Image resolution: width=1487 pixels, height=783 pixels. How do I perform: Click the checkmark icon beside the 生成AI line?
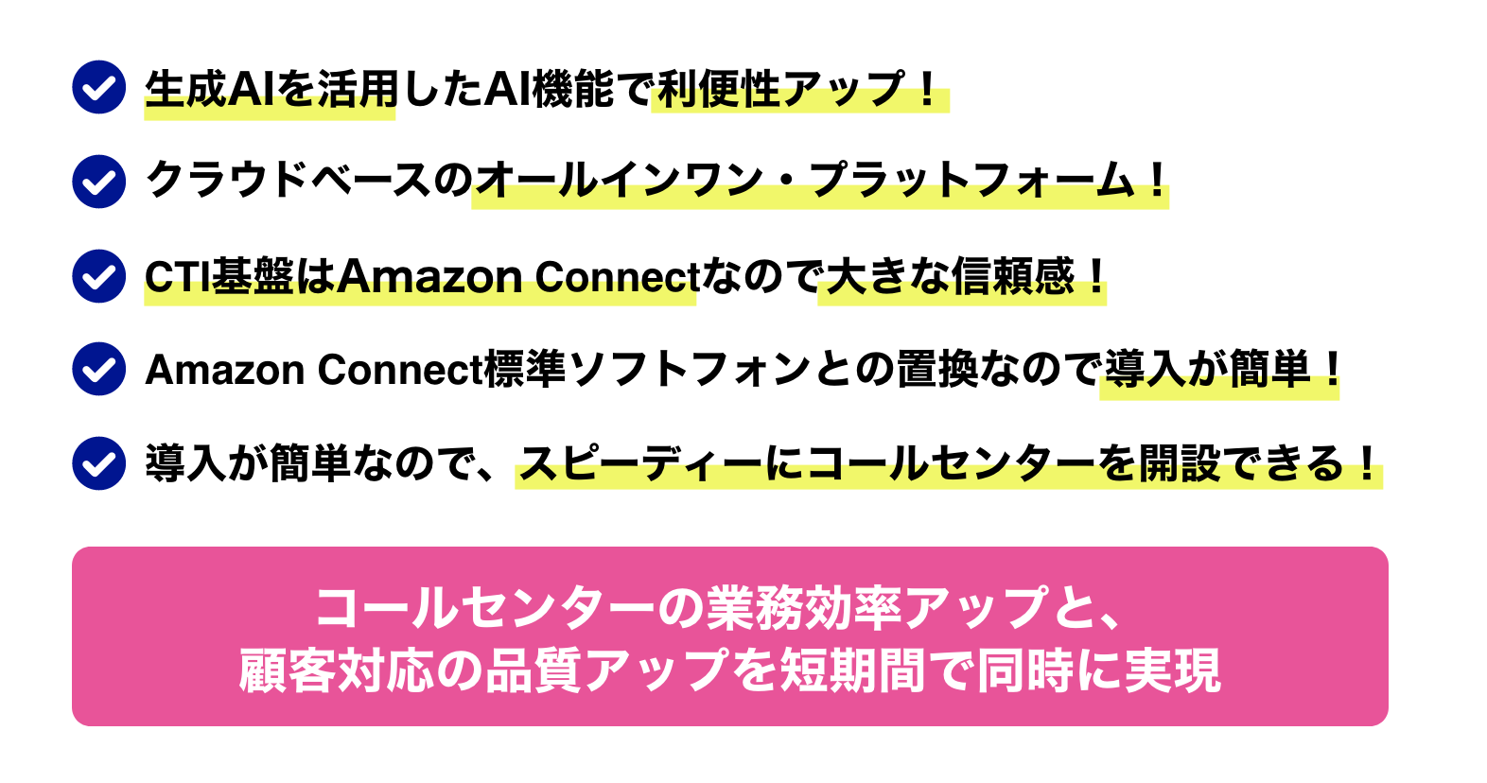tap(99, 87)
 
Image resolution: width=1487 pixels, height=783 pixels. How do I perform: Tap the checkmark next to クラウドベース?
tap(99, 181)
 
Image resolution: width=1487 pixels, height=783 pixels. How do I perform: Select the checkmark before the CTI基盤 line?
tap(99, 275)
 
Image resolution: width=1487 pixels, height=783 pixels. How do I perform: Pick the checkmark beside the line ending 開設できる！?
tap(99, 462)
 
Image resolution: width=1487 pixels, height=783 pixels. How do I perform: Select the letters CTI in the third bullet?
tap(177, 276)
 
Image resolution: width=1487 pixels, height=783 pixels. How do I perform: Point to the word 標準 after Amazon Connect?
tap(525, 370)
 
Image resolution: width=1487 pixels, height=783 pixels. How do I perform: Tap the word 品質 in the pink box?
tap(533, 671)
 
